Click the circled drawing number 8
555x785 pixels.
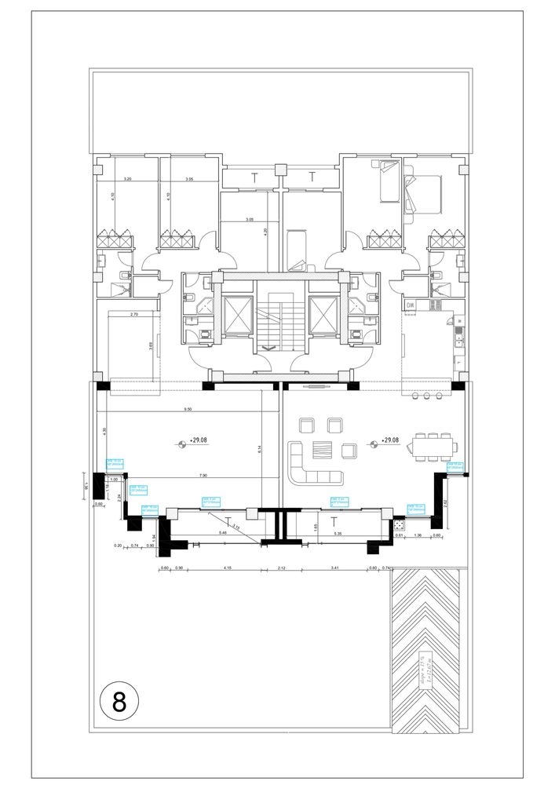pyautogui.click(x=119, y=701)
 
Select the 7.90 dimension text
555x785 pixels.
pyautogui.click(x=203, y=475)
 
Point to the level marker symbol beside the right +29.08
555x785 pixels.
pyautogui.click(x=372, y=442)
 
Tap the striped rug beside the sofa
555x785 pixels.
pyautogui.click(x=322, y=450)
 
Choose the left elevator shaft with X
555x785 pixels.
pyautogui.click(x=236, y=321)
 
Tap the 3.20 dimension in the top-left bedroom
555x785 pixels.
pyautogui.click(x=127, y=180)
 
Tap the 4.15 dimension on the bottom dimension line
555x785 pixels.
pyautogui.click(x=227, y=567)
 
